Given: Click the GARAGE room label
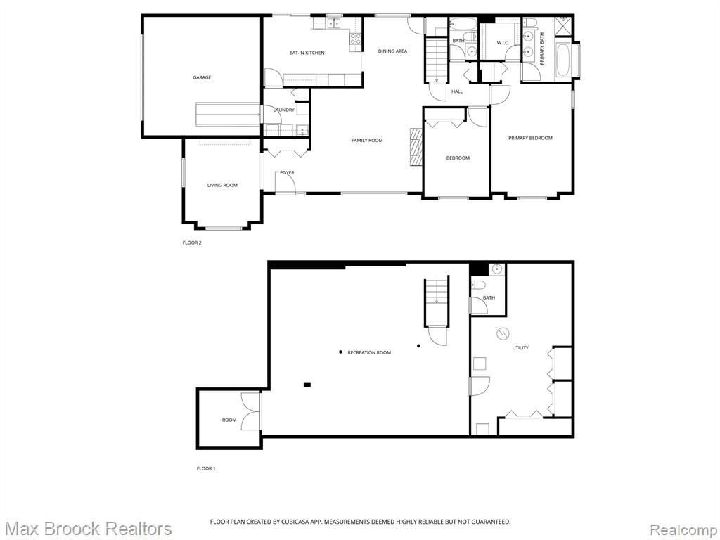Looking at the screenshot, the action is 202,77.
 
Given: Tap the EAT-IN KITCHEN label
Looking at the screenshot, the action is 307,53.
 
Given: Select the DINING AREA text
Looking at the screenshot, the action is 392,51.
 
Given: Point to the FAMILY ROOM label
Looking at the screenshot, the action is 367,140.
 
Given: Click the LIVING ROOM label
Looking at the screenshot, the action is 222,185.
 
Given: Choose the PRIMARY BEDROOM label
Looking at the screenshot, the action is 530,138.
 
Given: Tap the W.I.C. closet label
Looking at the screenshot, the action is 503,43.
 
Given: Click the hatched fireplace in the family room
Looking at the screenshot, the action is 416,146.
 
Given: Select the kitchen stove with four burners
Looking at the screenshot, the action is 356,39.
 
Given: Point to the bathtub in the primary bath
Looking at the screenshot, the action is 562,60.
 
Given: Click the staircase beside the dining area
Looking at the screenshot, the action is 435,59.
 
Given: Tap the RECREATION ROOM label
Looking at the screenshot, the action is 369,353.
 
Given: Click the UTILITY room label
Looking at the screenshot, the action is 520,347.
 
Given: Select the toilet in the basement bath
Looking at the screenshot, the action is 477,285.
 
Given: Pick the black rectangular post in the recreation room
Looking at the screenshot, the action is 307,385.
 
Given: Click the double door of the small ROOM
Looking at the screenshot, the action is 252,412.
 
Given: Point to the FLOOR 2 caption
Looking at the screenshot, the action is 192,243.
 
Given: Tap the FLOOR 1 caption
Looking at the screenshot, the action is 206,468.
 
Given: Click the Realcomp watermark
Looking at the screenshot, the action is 684,529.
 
